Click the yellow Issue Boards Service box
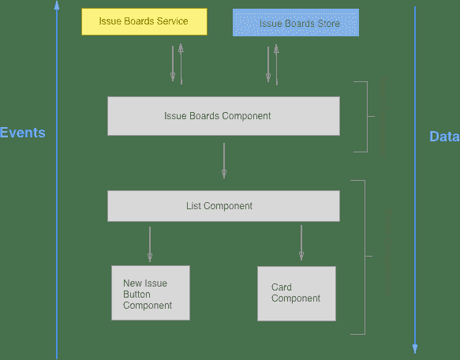coord(144,21)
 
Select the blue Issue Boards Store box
coord(296,23)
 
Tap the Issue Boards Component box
coord(223,116)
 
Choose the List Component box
coord(223,206)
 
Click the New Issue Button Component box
coord(151,293)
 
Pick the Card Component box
coord(296,293)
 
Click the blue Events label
coord(22,133)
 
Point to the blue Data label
coord(443,137)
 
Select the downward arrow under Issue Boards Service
coord(173,64)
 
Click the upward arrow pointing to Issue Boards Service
coord(181,63)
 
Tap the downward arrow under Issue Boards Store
coord(268,64)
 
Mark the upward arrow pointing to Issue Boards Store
coord(276,63)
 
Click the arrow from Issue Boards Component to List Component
coord(224,160)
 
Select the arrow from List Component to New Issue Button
coord(150,244)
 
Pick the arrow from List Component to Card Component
coord(301,242)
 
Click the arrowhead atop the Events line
coord(57,6)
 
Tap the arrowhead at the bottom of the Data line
coord(415,348)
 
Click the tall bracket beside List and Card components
coord(365,257)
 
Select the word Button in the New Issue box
coord(137,294)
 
